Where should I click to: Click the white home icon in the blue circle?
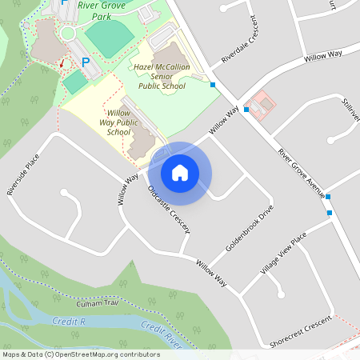coord(179,172)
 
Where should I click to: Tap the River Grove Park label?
coord(100,10)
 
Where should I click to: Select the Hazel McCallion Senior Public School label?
coord(163,76)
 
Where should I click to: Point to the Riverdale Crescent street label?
coord(242,50)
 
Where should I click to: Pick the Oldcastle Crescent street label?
coord(169,210)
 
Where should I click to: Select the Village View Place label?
coord(283,254)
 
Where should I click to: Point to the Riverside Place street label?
coord(22,175)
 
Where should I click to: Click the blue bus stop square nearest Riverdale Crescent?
coord(213,84)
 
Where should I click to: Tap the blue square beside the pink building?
coord(246,109)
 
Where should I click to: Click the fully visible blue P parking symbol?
coord(86,61)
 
